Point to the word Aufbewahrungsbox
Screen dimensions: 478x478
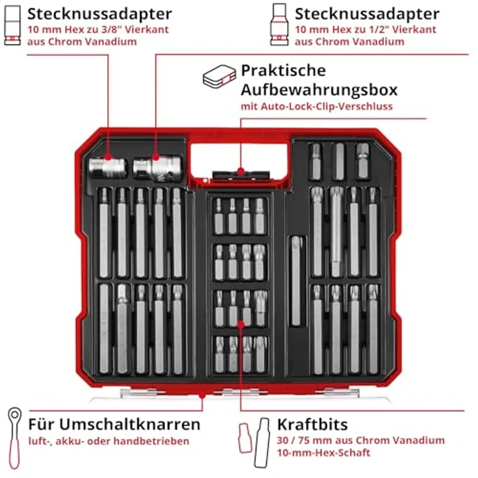pyautogui.click(x=319, y=89)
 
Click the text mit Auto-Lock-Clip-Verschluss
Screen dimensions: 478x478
pyautogui.click(x=316, y=106)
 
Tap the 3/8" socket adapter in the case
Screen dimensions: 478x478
pyautogui.click(x=107, y=168)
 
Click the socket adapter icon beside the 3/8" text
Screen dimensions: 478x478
pyautogui.click(x=11, y=27)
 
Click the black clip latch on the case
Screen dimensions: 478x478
pyautogui.click(x=240, y=174)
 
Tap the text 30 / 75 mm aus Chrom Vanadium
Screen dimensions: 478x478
pyautogui.click(x=360, y=440)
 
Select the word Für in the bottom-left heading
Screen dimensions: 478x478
pyautogui.click(x=41, y=425)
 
